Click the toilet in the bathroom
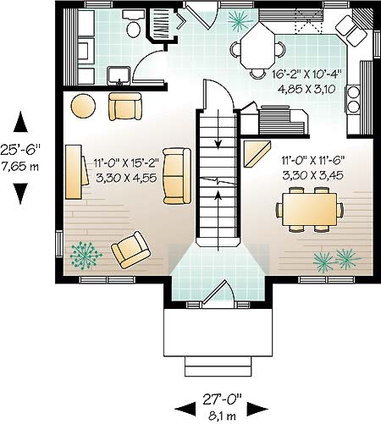point(133,25)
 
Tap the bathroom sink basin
point(119,75)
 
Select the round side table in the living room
point(83,105)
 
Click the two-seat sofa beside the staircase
point(177,176)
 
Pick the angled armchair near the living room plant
point(130,250)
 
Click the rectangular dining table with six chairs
point(310,209)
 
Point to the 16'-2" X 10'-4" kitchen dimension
point(306,74)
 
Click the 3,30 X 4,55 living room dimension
point(126,178)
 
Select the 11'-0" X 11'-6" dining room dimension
point(313,161)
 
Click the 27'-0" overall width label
point(223,399)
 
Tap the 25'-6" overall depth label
point(20,150)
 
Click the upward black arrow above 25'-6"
point(20,122)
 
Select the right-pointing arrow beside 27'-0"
point(257,409)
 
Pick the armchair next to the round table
point(125,107)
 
